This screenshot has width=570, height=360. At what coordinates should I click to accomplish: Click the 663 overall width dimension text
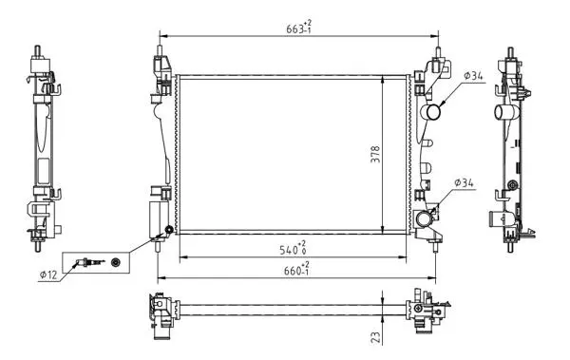click(299, 27)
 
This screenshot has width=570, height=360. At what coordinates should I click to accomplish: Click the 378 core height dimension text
click(375, 154)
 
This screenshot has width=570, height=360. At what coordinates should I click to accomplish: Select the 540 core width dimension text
click(293, 248)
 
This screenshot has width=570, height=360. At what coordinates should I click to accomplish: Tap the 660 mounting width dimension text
click(296, 269)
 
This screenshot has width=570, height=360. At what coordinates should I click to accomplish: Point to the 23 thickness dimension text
click(377, 336)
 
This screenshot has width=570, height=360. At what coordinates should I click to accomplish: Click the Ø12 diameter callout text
click(48, 275)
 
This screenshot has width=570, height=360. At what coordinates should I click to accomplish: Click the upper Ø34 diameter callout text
click(473, 76)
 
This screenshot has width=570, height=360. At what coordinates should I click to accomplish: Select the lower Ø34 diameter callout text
click(465, 183)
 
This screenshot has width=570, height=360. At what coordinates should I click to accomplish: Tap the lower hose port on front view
click(424, 219)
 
